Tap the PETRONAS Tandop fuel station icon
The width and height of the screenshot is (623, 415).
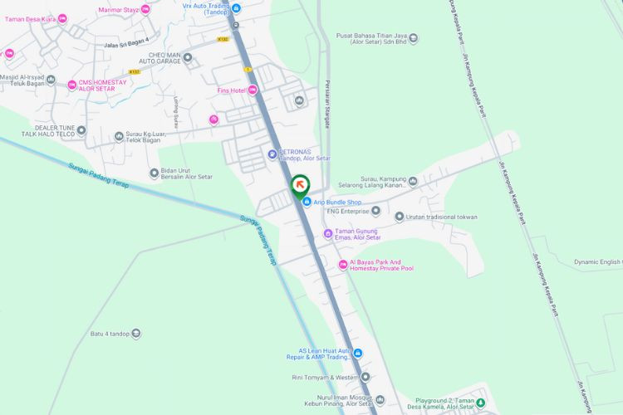(x=272, y=154)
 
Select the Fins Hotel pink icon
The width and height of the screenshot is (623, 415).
(x=253, y=90)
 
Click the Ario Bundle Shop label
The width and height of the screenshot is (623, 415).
(x=337, y=202)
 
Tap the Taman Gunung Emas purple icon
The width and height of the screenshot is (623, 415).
(x=328, y=234)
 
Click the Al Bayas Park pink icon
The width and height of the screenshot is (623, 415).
(x=342, y=265)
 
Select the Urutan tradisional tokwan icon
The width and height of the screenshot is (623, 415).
(x=399, y=217)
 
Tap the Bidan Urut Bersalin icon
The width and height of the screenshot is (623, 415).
(x=154, y=173)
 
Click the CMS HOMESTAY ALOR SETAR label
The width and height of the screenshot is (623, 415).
(x=103, y=85)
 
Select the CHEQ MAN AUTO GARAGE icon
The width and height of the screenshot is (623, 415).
(x=188, y=57)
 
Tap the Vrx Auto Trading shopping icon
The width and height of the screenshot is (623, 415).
(x=236, y=8)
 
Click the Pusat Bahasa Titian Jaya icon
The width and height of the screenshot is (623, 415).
(x=414, y=37)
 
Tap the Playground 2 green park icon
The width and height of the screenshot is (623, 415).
(x=480, y=403)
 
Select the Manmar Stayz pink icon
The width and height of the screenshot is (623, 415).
(x=145, y=9)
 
